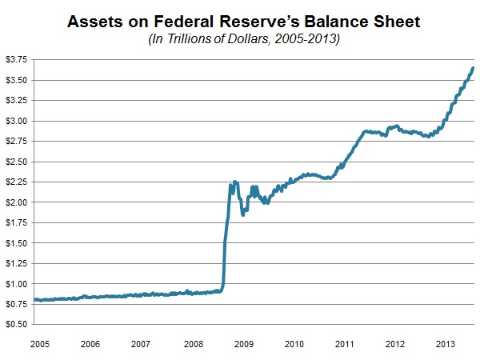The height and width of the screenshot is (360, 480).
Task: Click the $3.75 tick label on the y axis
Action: click(16, 59)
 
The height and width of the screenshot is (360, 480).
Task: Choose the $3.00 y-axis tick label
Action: click(16, 121)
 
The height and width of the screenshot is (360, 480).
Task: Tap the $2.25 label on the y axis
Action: click(16, 182)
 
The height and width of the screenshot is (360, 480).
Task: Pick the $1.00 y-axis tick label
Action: click(16, 284)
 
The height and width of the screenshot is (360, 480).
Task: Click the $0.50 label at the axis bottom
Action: click(16, 324)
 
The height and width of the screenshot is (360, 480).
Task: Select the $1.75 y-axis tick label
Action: click(16, 222)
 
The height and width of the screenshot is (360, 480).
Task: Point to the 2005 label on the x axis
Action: click(40, 344)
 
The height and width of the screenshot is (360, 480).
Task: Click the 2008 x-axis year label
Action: click(193, 344)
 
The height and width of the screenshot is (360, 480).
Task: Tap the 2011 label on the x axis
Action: click(344, 344)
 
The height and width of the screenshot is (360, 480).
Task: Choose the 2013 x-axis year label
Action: click(446, 344)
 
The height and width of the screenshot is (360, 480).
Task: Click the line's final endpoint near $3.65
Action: click(473, 68)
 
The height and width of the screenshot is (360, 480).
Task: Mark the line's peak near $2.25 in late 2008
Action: click(235, 182)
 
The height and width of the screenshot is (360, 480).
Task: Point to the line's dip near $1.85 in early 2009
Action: click(242, 214)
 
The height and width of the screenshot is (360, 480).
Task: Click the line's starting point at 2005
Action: click(34, 299)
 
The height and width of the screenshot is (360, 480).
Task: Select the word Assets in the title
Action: click(94, 22)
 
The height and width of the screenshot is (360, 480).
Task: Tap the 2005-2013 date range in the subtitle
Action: click(307, 39)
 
